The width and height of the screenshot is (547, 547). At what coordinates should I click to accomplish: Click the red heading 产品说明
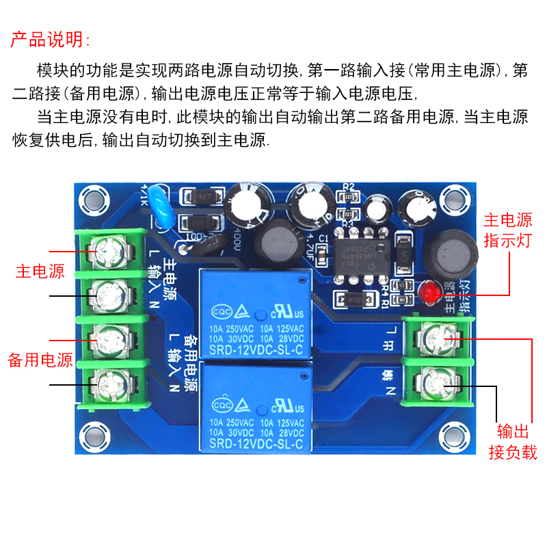(x=49, y=38)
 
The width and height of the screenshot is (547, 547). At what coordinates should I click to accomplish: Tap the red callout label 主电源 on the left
(x=40, y=271)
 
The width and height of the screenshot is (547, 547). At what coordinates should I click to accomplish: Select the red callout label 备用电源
(x=40, y=360)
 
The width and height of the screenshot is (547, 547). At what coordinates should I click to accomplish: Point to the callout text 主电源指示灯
(x=507, y=230)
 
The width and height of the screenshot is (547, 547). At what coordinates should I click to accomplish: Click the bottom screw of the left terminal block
(x=109, y=381)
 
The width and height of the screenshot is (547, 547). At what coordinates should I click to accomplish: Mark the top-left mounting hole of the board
(x=93, y=200)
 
